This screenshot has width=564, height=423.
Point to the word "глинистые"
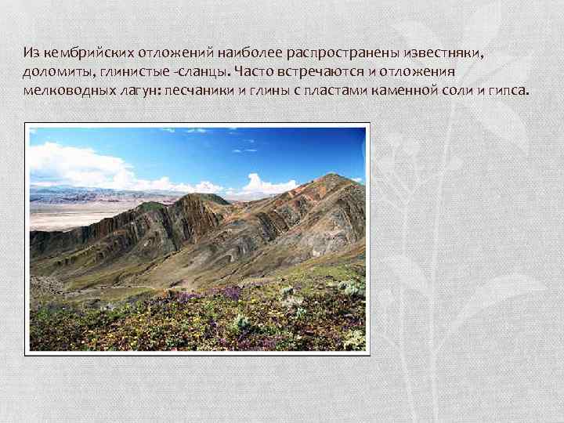121,72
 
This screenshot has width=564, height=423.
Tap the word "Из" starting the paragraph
31,53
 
